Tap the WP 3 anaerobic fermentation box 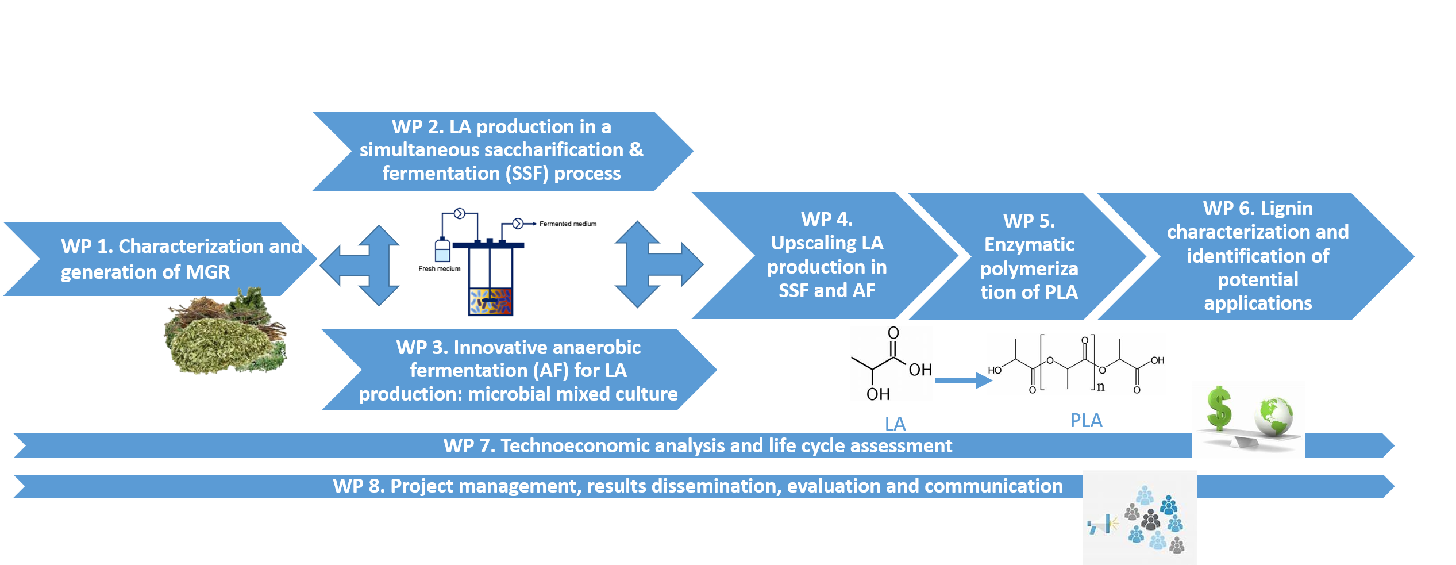517,370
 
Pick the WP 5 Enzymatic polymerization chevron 1029,256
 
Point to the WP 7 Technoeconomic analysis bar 697,446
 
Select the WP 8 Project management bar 697,486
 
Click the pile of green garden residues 224,336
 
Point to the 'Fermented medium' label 568,224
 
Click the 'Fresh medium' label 439,268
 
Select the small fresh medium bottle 442,251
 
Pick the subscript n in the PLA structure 1100,386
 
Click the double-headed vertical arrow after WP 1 378,264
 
